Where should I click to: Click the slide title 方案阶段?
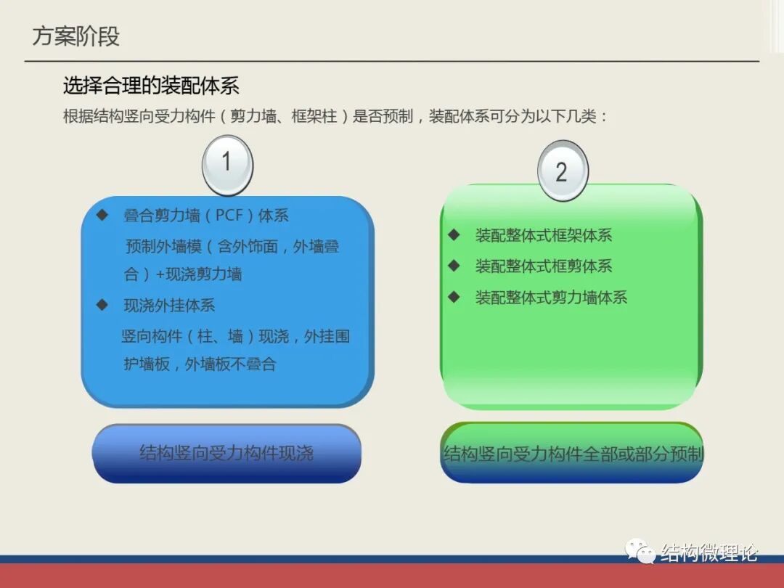75,36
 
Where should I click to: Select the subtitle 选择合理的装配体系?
151,86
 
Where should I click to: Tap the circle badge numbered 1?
226,163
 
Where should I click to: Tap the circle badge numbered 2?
562,172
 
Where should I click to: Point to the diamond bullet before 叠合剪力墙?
102,215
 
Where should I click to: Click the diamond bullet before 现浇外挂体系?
102,305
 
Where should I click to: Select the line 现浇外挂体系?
169,306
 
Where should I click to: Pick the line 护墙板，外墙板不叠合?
200,364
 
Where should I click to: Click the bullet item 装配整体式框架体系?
544,235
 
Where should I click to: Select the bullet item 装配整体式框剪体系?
544,266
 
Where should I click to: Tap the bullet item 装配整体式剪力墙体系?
551,298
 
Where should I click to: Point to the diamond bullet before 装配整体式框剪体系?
454,266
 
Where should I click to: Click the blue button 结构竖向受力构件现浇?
226,454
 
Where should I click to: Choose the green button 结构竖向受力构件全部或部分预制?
573,454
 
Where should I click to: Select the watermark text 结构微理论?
709,553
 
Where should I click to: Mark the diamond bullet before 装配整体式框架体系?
454,234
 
